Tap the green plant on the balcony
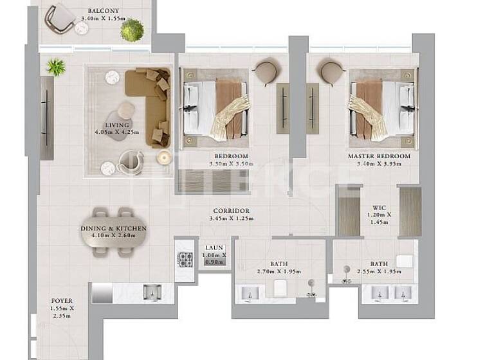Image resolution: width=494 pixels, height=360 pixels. (x=133, y=30)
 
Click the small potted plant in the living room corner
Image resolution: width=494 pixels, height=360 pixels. (x=55, y=66)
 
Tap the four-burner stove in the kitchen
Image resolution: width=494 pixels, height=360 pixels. (x=186, y=259)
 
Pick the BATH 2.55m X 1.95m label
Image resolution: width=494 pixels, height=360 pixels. (x=379, y=267)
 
